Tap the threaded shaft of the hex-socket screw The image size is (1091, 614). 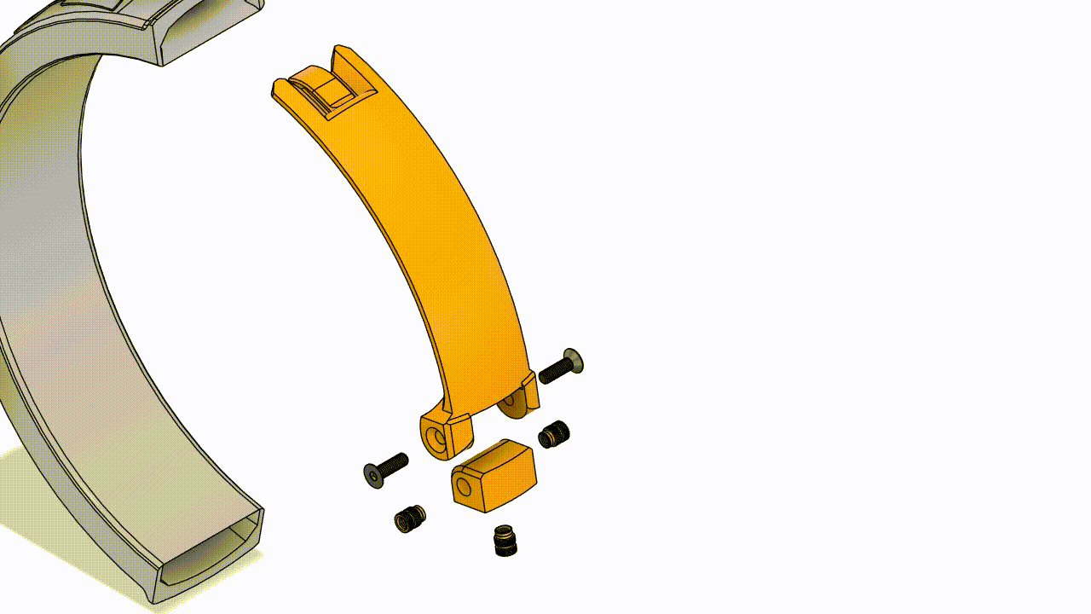tap(393, 465)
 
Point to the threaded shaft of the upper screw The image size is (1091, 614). tap(554, 370)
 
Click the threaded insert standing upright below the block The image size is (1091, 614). tap(505, 540)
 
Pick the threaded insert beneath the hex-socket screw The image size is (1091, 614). tap(410, 518)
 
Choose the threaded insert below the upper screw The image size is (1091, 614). tap(554, 434)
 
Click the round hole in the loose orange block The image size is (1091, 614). tap(463, 487)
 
